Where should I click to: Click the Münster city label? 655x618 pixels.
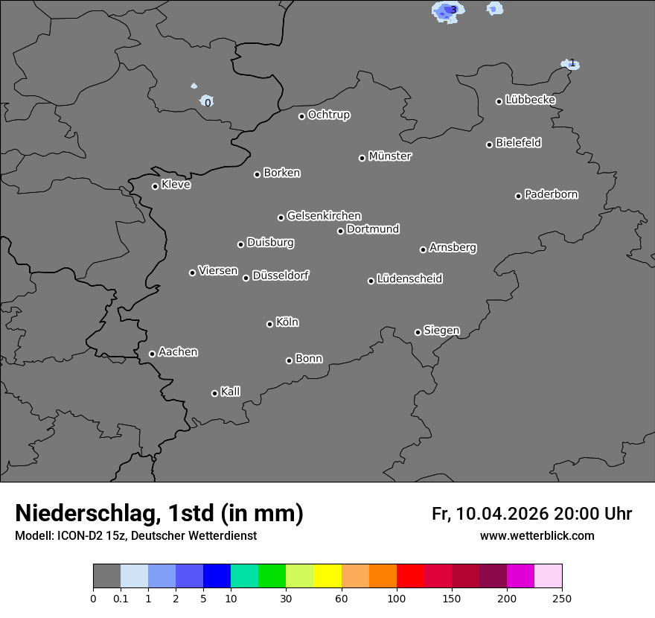click(x=390, y=156)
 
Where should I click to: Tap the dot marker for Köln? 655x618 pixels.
click(x=269, y=324)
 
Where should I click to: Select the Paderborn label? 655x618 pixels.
click(x=552, y=194)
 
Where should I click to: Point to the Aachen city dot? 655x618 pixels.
click(x=152, y=354)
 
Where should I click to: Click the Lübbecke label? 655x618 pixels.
click(x=531, y=100)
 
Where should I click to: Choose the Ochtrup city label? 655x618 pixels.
click(x=329, y=115)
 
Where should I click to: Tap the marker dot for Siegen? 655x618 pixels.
click(x=418, y=332)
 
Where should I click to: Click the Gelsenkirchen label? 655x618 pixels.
click(x=324, y=216)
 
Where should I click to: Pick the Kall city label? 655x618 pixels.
click(x=231, y=392)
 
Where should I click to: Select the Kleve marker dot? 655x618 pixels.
click(x=155, y=186)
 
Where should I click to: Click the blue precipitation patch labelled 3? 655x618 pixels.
click(x=450, y=10)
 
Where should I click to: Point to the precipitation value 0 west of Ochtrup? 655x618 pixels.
click(x=208, y=102)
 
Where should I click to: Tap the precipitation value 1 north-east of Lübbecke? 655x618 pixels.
click(x=572, y=64)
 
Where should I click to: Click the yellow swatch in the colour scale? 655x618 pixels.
click(x=327, y=577)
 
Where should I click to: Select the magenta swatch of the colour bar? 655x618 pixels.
click(x=520, y=577)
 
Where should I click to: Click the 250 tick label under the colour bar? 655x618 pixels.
click(x=562, y=598)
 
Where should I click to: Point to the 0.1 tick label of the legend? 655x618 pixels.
click(x=121, y=598)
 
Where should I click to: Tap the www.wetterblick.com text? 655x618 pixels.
click(x=537, y=536)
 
